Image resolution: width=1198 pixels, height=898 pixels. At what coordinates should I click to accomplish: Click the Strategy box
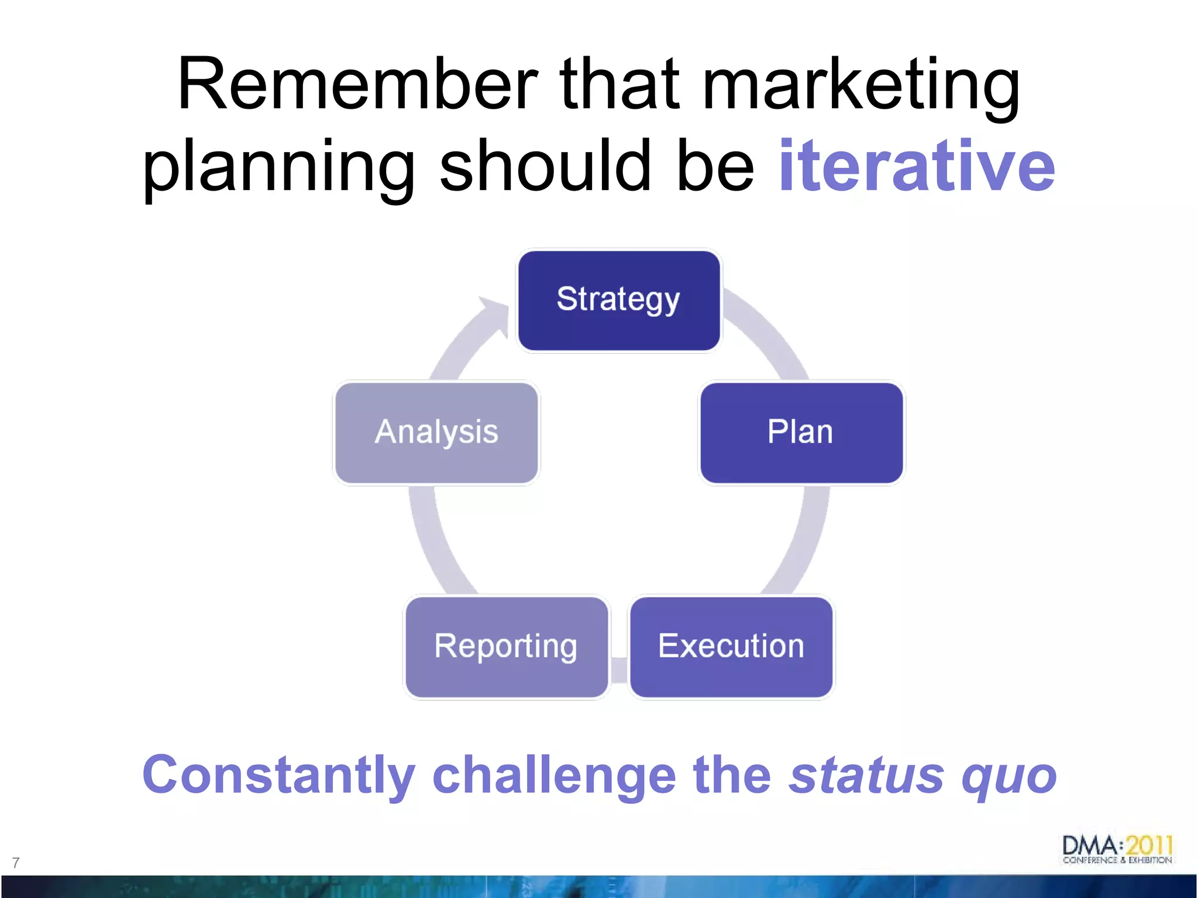(x=619, y=301)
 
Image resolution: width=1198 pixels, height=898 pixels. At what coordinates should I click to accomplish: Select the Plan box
(x=801, y=433)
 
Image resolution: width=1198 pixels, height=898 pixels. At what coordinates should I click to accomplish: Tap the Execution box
(x=731, y=647)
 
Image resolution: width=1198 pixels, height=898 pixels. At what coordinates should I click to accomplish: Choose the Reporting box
(x=507, y=647)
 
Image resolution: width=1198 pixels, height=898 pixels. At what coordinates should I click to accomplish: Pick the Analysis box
(x=436, y=433)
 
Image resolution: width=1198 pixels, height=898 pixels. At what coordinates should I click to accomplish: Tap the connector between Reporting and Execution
(x=619, y=669)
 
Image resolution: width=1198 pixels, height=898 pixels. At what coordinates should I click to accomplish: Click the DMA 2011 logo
(x=1117, y=849)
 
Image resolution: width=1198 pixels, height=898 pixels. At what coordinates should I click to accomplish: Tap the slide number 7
(x=16, y=862)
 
